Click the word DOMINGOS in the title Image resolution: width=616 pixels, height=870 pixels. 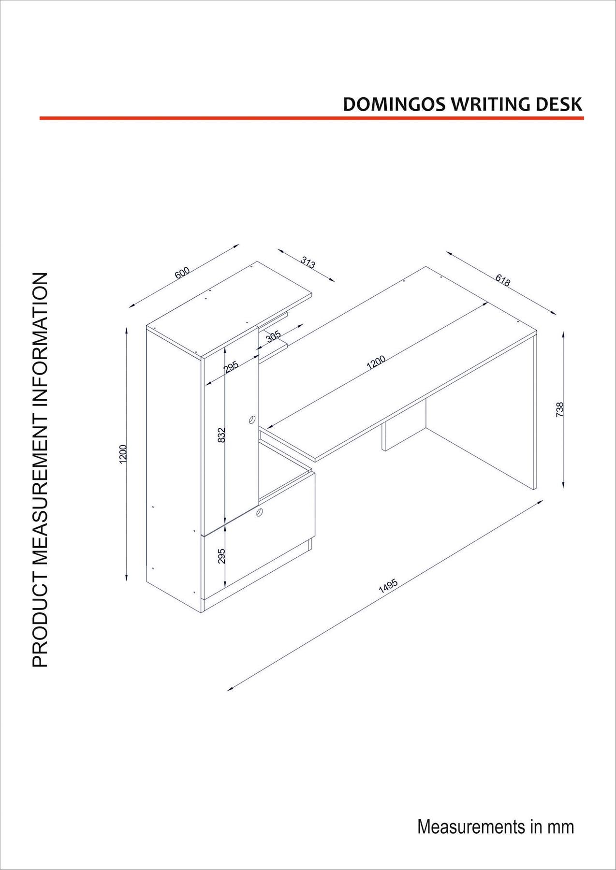[x=395, y=105]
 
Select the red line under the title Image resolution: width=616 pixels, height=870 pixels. [x=311, y=118]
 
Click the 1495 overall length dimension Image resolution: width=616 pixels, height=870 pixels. [x=388, y=586]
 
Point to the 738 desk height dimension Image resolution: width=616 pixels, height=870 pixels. [x=560, y=409]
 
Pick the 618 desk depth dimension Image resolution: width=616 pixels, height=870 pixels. [x=503, y=280]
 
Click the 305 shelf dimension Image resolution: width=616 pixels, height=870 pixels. [x=274, y=337]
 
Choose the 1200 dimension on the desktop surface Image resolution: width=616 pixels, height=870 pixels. [x=376, y=362]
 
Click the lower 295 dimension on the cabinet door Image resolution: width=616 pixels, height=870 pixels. [x=221, y=556]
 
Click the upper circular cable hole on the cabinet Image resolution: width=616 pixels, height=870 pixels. [x=251, y=419]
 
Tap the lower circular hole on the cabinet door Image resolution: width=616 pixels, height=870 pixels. [x=260, y=513]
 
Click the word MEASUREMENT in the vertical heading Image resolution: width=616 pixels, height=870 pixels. [x=41, y=483]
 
